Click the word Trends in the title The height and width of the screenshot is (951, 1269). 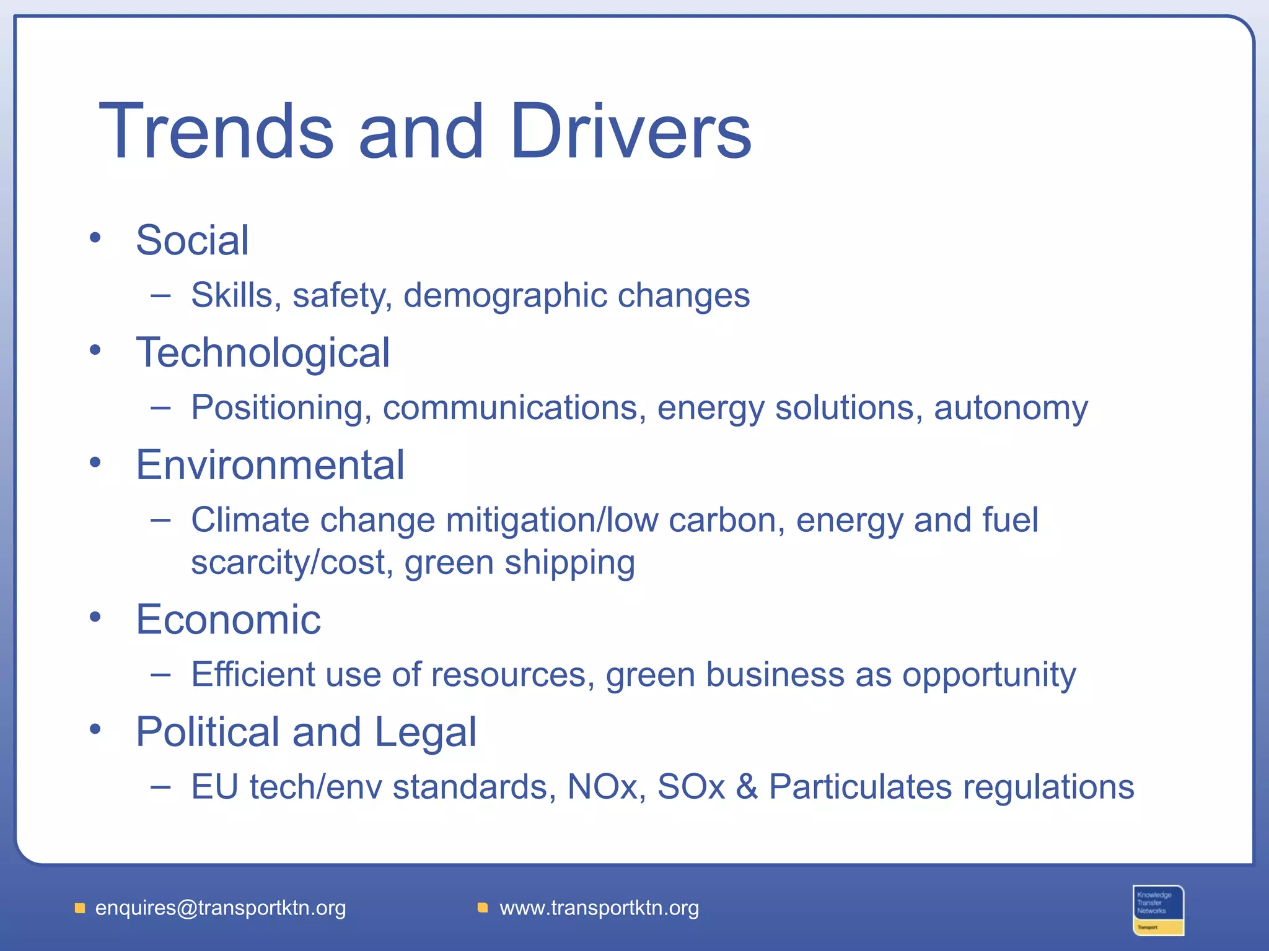[x=216, y=131]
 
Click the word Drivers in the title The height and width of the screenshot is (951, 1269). [x=630, y=131]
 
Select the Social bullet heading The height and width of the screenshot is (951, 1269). [x=192, y=240]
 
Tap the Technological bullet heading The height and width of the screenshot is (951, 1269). [x=263, y=353]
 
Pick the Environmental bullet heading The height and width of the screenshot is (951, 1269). [x=270, y=465]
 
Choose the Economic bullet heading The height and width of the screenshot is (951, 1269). [x=228, y=620]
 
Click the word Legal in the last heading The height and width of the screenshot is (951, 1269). [x=425, y=732]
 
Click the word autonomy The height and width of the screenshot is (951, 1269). [x=1011, y=409]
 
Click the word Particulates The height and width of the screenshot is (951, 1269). [x=861, y=787]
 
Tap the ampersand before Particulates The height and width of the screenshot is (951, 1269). [x=747, y=787]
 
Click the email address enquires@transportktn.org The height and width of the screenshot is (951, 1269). [x=221, y=908]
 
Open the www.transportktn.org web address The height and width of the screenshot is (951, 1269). [x=599, y=908]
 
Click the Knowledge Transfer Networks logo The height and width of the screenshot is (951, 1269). [x=1158, y=910]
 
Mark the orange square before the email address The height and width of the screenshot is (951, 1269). [x=80, y=908]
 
